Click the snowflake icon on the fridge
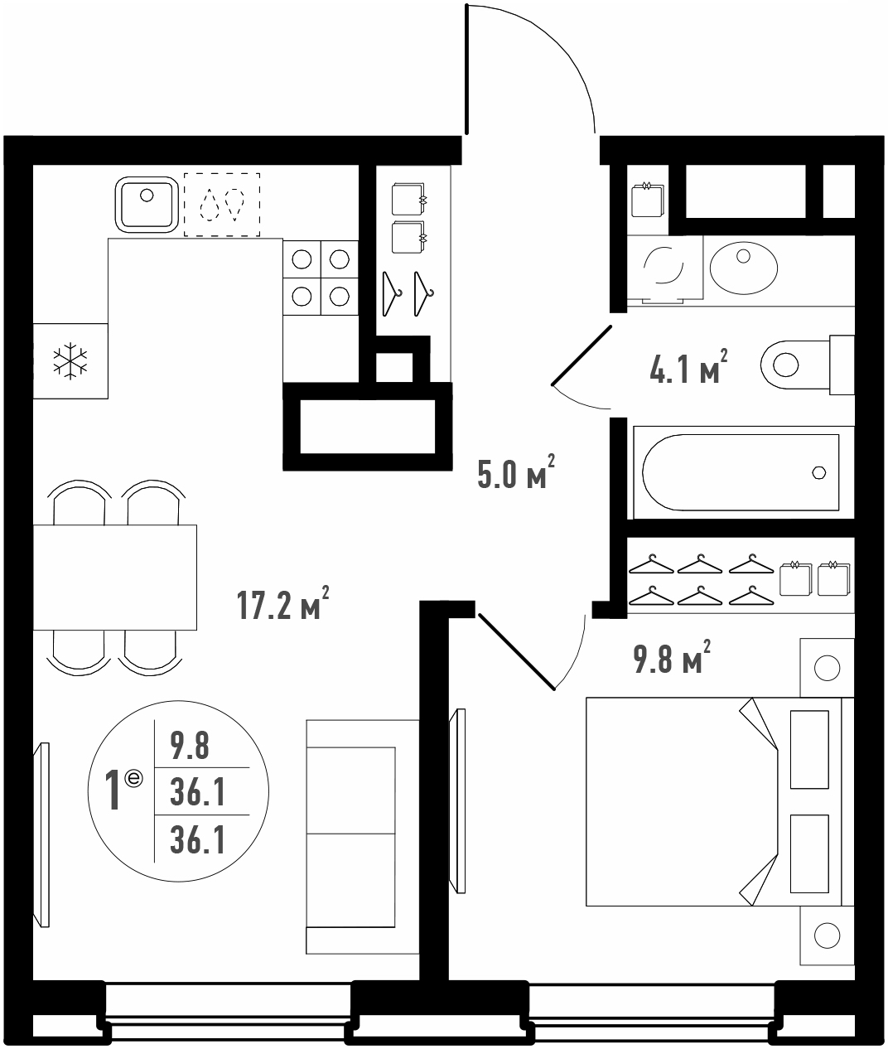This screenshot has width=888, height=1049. click(x=70, y=360)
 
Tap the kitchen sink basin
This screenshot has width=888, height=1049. click(x=147, y=205)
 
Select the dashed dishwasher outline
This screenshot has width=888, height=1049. click(x=222, y=205)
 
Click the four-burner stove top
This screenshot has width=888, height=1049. click(x=321, y=278)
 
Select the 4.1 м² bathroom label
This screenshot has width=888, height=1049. click(x=688, y=366)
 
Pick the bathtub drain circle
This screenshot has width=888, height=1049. click(x=818, y=472)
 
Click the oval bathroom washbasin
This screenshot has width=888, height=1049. click(x=743, y=268)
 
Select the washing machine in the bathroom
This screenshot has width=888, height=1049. click(x=664, y=269)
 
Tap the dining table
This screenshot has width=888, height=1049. click(x=114, y=578)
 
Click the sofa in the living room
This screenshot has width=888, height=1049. click(x=362, y=837)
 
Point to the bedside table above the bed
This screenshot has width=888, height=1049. click(x=827, y=668)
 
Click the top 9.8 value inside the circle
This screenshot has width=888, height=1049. click(x=190, y=746)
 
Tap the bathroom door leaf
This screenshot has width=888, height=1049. click(x=582, y=355)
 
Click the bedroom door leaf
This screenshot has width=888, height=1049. click(x=517, y=652)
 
